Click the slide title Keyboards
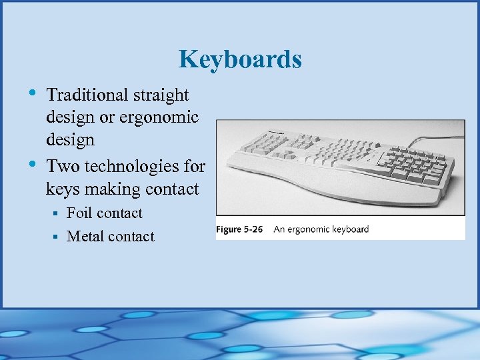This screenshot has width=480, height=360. click(240, 60)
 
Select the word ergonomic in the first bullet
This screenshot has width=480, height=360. click(160, 118)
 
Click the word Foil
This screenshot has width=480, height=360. click(79, 213)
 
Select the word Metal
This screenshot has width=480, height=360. click(85, 237)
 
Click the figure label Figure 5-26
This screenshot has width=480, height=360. click(239, 229)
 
